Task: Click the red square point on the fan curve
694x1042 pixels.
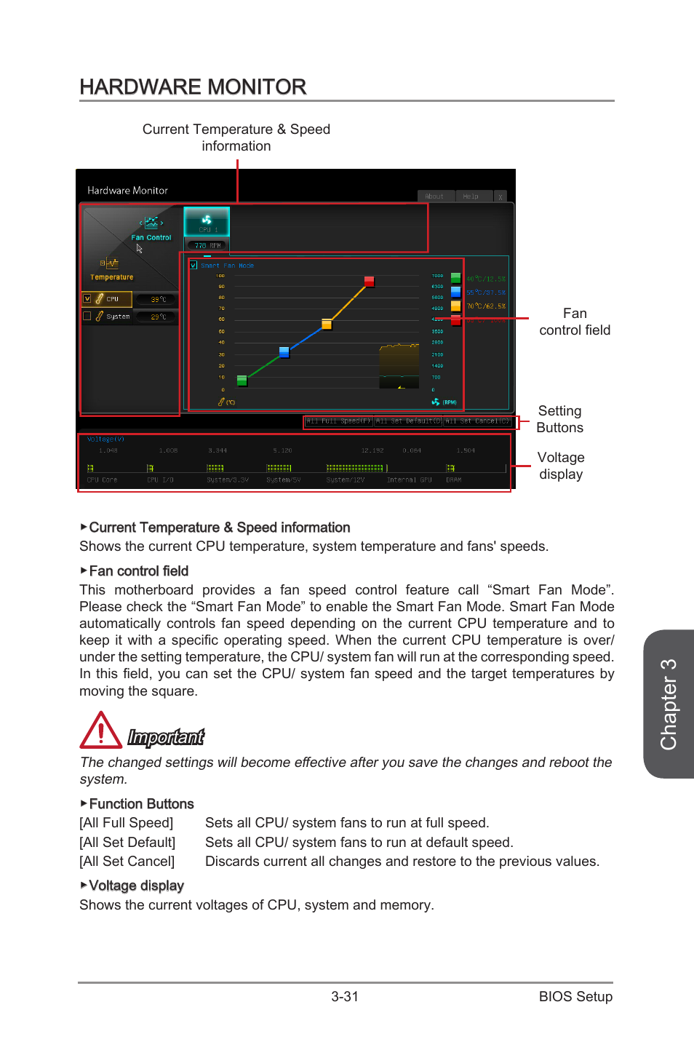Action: (369, 282)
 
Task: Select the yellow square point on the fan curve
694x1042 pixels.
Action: (327, 325)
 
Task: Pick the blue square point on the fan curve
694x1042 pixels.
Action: (284, 352)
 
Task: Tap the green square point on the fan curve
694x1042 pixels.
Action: (242, 381)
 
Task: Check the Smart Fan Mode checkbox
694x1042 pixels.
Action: (194, 265)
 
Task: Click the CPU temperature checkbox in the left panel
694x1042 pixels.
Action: (87, 298)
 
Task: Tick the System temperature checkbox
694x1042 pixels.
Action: (87, 316)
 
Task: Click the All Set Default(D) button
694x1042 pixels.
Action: (408, 421)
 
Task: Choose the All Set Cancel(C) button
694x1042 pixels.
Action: (477, 421)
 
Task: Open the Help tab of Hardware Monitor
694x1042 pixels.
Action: (471, 196)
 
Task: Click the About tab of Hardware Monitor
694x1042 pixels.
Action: (434, 196)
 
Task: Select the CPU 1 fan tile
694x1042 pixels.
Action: (207, 221)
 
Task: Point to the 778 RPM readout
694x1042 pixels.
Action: (207, 246)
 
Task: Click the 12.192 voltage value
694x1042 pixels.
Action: (372, 450)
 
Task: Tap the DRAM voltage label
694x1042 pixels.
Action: (454, 480)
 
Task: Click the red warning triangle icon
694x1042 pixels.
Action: (100, 731)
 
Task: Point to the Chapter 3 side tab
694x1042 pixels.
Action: (669, 704)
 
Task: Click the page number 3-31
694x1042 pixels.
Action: (345, 997)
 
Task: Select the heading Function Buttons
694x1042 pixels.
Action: (141, 804)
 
